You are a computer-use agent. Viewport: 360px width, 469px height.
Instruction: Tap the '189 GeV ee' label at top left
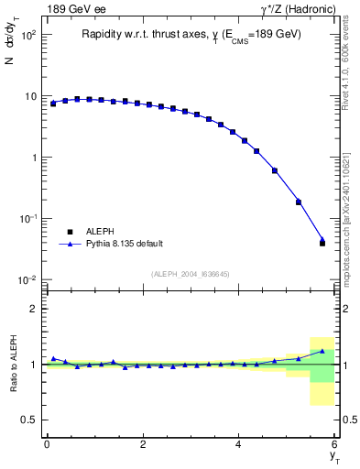click(x=71, y=9)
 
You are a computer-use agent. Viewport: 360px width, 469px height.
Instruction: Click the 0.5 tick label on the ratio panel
click(x=29, y=420)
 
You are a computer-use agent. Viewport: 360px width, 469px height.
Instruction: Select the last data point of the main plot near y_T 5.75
click(x=322, y=243)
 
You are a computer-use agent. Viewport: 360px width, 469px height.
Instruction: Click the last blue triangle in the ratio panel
click(x=322, y=351)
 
